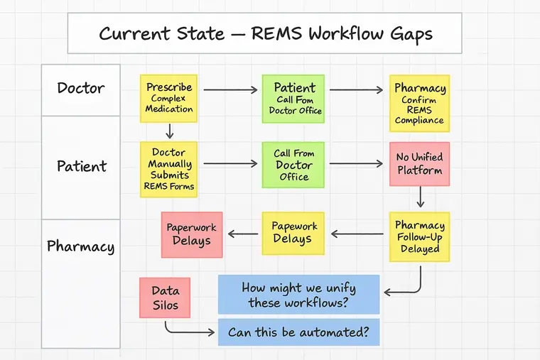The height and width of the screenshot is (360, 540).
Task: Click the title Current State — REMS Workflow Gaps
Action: [x=265, y=33]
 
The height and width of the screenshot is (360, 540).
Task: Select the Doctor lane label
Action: [x=81, y=89]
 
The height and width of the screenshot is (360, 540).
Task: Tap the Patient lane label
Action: [x=81, y=166]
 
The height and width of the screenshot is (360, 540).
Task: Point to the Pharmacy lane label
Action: [x=80, y=247]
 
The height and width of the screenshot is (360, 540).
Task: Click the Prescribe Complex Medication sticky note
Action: [x=169, y=99]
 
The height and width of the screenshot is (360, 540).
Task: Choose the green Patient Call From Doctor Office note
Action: [x=293, y=99]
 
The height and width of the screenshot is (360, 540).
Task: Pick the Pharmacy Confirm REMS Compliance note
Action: [x=419, y=104]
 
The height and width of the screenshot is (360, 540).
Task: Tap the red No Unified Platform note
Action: [x=419, y=164]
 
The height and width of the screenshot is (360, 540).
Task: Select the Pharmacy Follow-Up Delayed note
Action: [x=419, y=237]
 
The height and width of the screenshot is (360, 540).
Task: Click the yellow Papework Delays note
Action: [x=293, y=233]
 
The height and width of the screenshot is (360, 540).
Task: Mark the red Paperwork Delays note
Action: [x=192, y=234]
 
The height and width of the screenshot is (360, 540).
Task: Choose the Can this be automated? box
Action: [x=298, y=332]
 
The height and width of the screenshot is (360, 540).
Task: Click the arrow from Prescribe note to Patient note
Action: [x=229, y=89]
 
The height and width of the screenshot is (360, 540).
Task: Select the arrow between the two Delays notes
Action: [x=242, y=233]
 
